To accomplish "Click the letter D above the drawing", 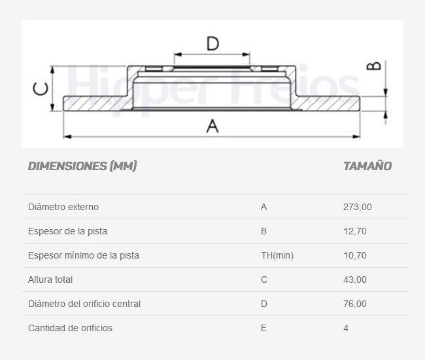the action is point(212,44).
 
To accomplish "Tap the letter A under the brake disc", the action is point(212,126).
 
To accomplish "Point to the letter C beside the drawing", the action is point(41,89).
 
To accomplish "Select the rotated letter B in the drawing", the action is point(374,66).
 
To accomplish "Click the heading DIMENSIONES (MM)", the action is point(82,166).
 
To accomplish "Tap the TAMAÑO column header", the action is point(367,166).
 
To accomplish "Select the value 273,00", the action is point(358,207).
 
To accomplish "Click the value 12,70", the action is point(355,231).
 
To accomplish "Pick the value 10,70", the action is point(355,255).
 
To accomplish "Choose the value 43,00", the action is point(355,279).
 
